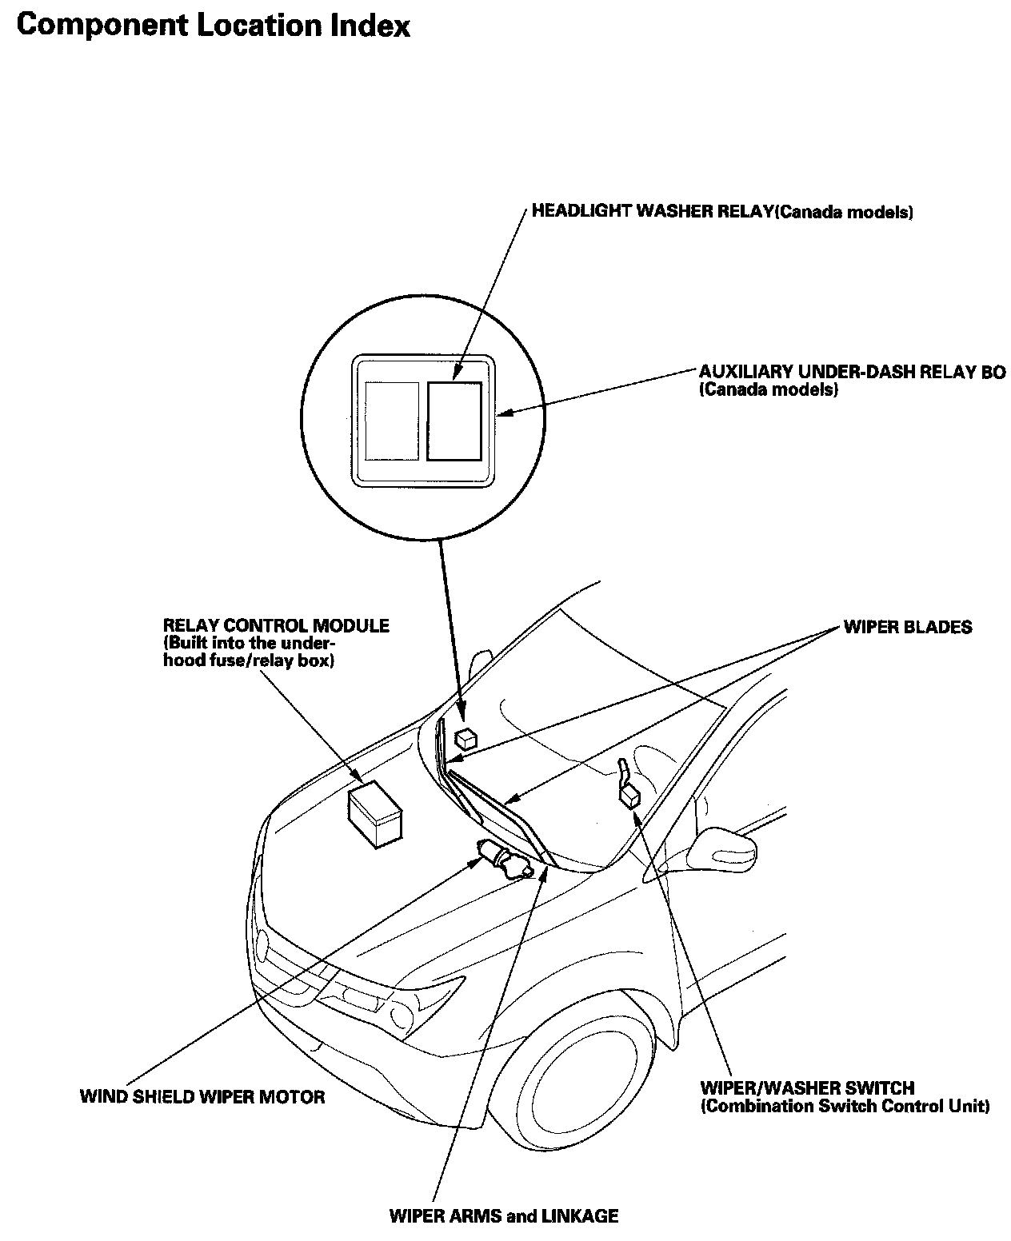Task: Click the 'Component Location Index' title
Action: (213, 26)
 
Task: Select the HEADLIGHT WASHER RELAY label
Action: (722, 213)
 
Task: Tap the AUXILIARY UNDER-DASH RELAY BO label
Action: (852, 372)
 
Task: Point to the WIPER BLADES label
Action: (907, 626)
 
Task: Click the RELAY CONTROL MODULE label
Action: (276, 625)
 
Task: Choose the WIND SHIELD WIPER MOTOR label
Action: (202, 1095)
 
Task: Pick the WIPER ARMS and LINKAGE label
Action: (503, 1216)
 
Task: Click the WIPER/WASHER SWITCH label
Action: (807, 1087)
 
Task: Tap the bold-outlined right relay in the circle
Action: (454, 421)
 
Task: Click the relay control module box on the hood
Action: (376, 812)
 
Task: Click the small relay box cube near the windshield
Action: (465, 736)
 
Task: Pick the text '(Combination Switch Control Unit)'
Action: (845, 1107)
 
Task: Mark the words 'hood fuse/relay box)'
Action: (248, 661)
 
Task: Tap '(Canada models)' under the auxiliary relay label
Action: (768, 390)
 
